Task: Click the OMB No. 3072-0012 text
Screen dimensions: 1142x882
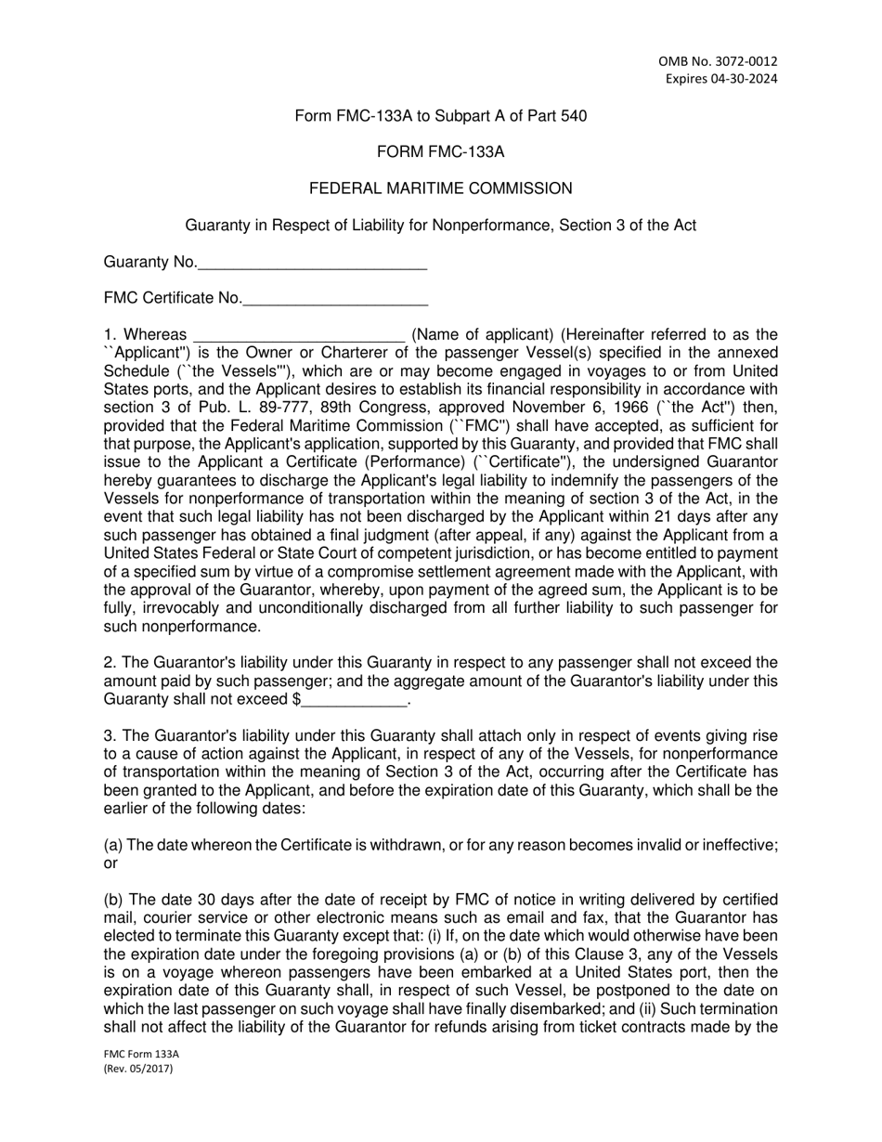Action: [x=719, y=61]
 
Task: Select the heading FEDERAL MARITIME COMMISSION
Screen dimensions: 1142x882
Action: [x=440, y=188]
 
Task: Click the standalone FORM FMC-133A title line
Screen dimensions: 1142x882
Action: [x=440, y=152]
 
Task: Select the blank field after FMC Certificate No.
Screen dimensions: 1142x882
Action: [x=335, y=301]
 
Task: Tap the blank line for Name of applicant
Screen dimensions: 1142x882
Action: [x=298, y=336]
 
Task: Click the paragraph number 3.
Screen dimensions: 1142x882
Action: [x=109, y=736]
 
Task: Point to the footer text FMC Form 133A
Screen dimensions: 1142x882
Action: [x=141, y=1055]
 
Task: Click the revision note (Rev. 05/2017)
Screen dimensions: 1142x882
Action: [x=138, y=1070]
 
